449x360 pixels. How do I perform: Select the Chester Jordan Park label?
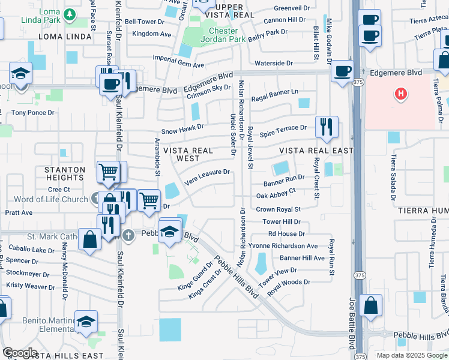223,35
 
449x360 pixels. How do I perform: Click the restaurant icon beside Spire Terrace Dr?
327,127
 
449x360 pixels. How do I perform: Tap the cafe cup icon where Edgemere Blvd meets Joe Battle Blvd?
342,71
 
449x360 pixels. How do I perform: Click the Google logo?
20,353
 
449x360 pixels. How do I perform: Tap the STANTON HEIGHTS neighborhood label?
64,174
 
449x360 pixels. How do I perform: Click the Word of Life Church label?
50,199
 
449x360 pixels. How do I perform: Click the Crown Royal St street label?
278,209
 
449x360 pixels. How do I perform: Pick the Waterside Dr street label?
273,63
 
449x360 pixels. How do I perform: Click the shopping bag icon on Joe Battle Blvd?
371,305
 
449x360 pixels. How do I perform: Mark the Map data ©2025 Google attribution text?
411,355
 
